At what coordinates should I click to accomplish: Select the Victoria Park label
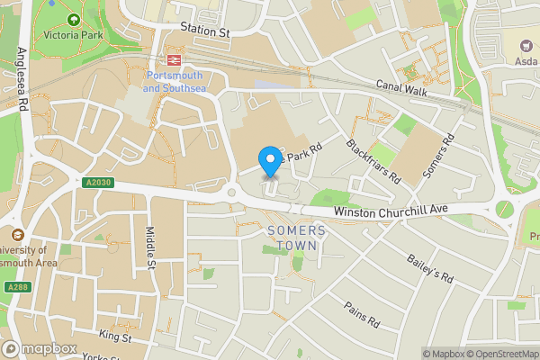coord(72,35)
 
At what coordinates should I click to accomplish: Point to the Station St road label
coord(205,31)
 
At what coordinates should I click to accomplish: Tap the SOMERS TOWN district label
coord(297,238)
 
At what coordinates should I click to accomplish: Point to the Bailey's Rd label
coord(429,267)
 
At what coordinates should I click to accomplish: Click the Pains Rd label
coord(362,314)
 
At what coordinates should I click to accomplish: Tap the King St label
coord(115,337)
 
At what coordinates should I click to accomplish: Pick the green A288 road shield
coord(16,287)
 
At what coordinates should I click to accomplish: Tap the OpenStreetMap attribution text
coord(501,354)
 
